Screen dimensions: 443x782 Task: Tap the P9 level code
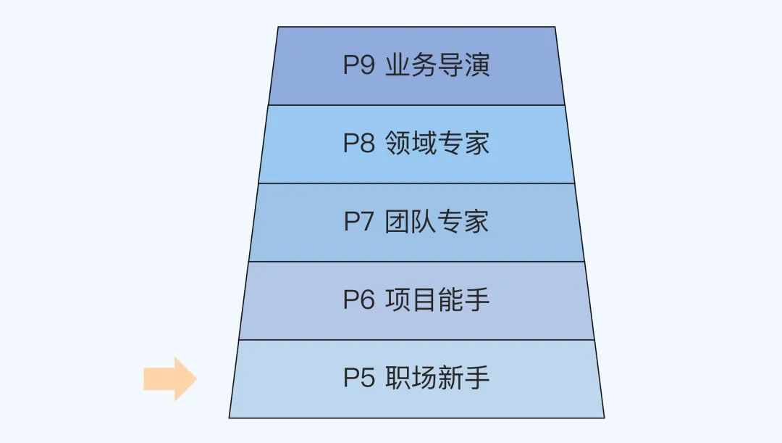coord(358,65)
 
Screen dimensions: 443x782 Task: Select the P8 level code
coord(358,144)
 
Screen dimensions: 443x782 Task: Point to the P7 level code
coord(358,222)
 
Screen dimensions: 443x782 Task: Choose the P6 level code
coord(358,300)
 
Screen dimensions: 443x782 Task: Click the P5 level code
coord(358,378)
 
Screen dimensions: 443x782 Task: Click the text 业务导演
coord(437,65)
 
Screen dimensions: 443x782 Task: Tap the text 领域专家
coord(437,144)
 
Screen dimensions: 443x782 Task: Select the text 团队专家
coord(437,222)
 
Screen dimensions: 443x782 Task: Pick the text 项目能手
coord(437,300)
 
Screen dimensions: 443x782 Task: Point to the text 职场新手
coord(437,378)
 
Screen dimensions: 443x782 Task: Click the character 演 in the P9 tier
coord(477,65)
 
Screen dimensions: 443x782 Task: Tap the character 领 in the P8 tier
coord(398,144)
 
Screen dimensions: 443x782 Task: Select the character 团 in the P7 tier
coord(398,222)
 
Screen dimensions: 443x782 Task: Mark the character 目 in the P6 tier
coord(424,300)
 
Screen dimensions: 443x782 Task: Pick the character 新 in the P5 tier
coord(450,378)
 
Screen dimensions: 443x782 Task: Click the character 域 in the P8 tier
coord(424,144)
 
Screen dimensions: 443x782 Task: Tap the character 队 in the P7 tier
coord(424,222)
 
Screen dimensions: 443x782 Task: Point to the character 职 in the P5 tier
coord(398,378)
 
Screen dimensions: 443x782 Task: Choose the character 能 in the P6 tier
coord(450,300)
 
